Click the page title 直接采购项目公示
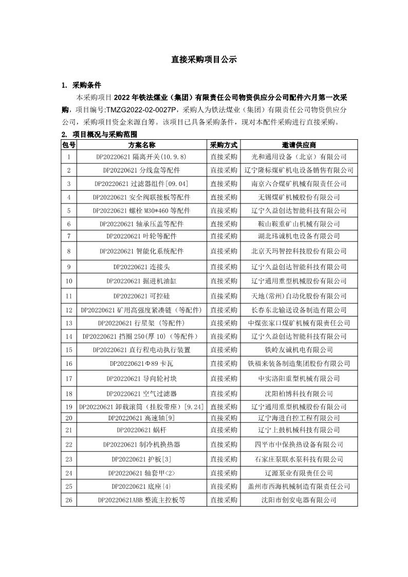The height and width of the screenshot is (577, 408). tap(204, 60)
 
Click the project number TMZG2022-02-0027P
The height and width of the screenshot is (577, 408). tap(141, 109)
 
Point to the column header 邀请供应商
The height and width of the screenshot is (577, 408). tap(299, 145)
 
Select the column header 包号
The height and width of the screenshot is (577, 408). tap(68, 145)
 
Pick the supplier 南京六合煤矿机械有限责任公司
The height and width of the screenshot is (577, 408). tap(299, 183)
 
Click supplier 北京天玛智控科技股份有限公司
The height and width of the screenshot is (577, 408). tap(299, 251)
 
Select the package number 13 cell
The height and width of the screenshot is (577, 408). tap(68, 323)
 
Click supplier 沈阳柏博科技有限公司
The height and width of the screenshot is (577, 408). tap(299, 394)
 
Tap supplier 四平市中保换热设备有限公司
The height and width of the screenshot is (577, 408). tap(299, 444)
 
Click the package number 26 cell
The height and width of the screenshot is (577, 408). tap(68, 499)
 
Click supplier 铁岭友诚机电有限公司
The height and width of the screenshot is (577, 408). tap(299, 350)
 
